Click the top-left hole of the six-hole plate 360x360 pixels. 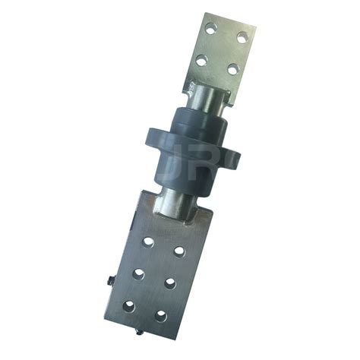pos(149,242)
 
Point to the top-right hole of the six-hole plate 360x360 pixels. pos(179,251)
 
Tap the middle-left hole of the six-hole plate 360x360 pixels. pos(139,273)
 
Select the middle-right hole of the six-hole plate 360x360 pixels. pos(169,283)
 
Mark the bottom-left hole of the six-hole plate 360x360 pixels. pos(130,305)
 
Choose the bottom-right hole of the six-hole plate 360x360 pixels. pos(160,315)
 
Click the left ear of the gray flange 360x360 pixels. pos(153,141)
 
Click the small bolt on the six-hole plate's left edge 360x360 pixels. pos(112,283)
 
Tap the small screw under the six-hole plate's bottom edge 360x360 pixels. pos(137,333)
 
